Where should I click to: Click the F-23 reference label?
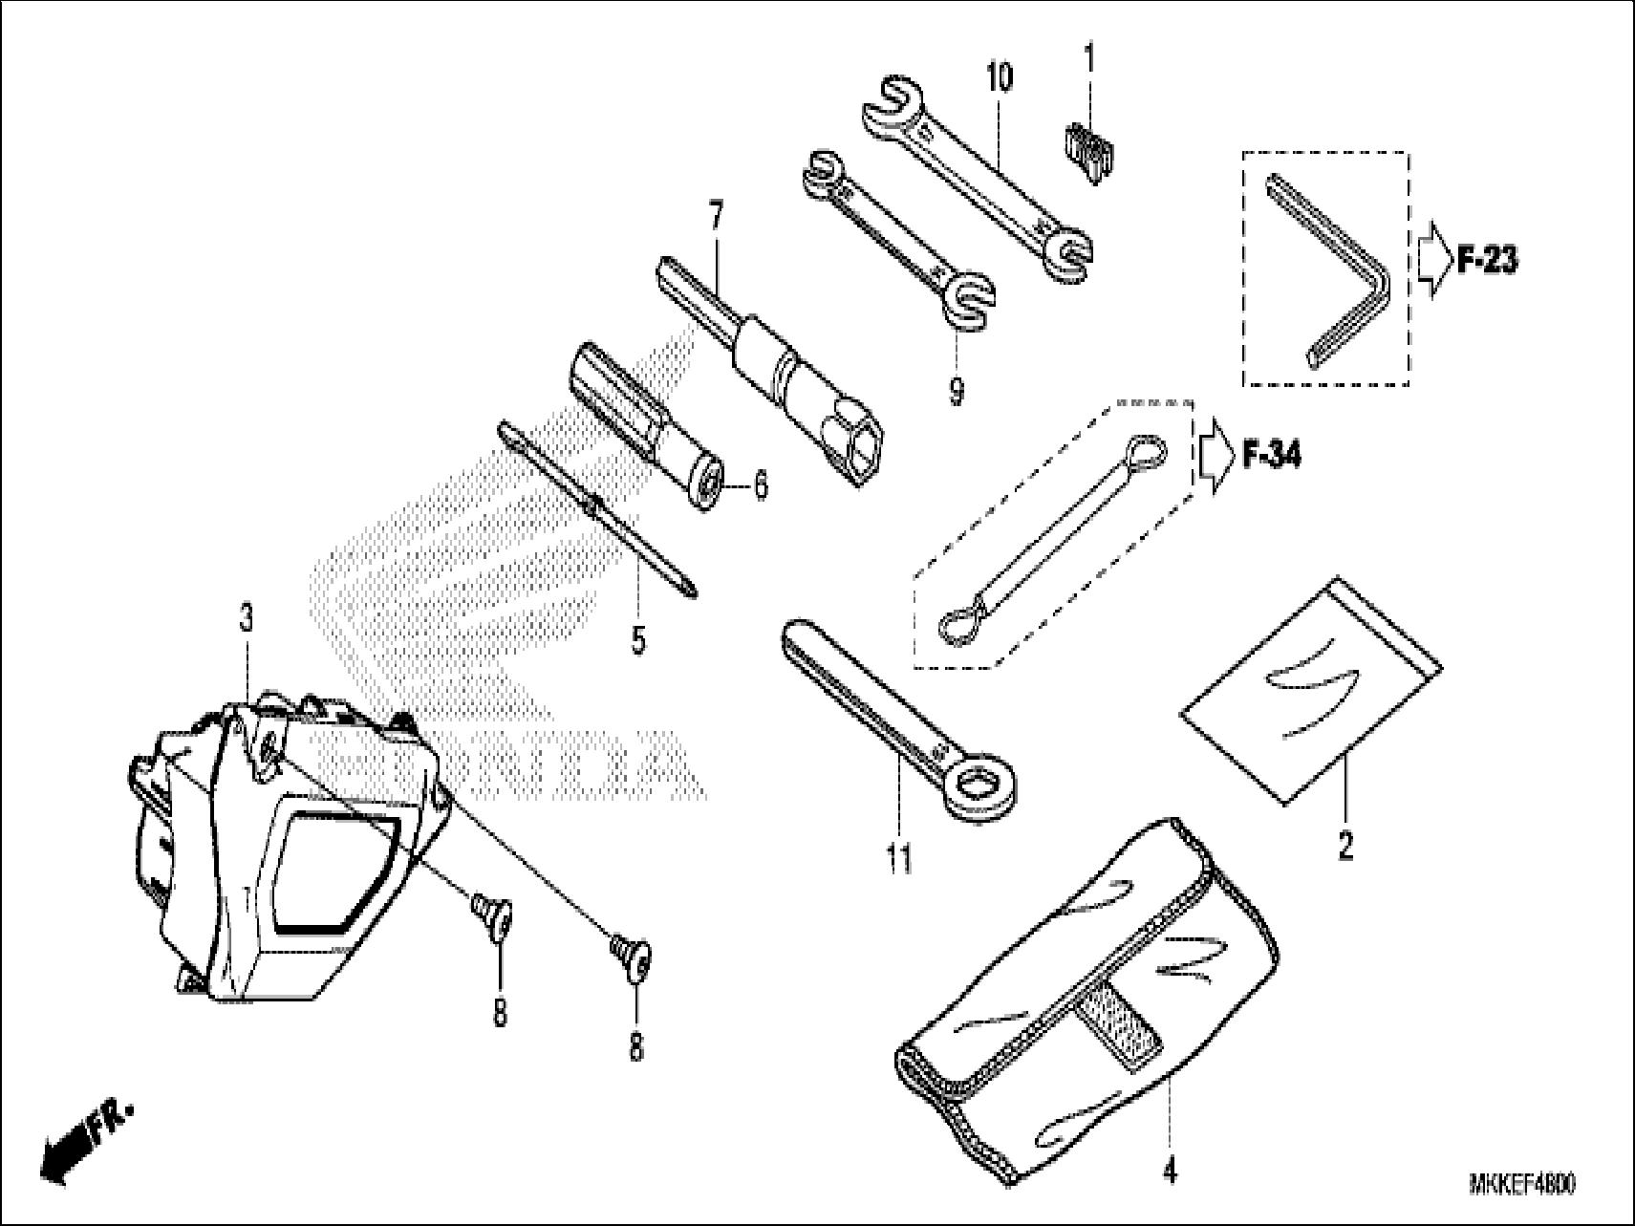click(1486, 259)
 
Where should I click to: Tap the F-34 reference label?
click(1271, 456)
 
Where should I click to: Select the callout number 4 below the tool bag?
click(1170, 1171)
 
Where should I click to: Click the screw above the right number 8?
click(632, 952)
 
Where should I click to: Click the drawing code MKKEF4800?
click(1521, 1185)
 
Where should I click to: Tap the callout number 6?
click(760, 486)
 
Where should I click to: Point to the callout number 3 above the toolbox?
click(247, 619)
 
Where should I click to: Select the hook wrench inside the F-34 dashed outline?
click(1051, 535)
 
